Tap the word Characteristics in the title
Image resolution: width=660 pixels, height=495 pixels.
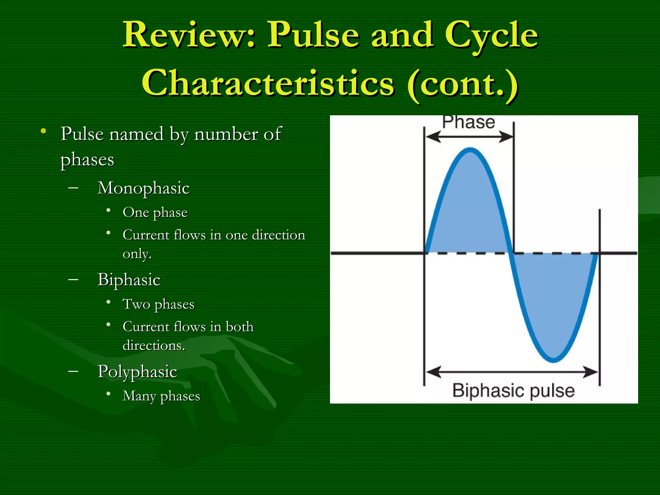click(268, 83)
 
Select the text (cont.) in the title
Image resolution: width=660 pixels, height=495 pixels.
click(463, 84)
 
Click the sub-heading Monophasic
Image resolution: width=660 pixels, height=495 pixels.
click(143, 188)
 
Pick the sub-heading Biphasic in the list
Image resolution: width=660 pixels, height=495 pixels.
click(129, 280)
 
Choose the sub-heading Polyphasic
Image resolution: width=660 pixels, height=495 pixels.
click(137, 372)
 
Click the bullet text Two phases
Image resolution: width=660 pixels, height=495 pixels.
click(159, 305)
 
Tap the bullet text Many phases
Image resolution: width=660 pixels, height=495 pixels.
click(161, 396)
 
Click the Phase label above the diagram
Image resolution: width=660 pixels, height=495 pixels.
click(468, 122)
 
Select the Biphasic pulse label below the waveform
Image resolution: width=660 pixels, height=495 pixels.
click(513, 391)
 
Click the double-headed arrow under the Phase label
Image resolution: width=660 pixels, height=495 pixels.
click(469, 137)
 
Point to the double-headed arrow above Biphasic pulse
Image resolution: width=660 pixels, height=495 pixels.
click(512, 372)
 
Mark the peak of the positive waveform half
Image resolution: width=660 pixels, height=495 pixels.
click(470, 150)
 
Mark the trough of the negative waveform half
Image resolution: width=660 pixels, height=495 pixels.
click(553, 360)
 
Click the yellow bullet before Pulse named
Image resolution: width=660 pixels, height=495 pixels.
click(43, 131)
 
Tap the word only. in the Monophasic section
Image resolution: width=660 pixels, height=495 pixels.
click(137, 254)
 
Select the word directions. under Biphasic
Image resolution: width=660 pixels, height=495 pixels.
click(154, 346)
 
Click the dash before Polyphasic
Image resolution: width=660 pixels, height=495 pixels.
click(73, 371)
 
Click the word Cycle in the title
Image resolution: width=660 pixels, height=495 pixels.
click(491, 35)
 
